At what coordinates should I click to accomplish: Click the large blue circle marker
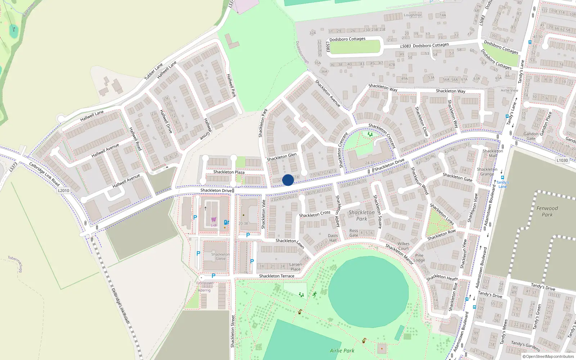tap(288, 180)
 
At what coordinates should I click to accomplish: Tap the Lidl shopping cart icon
tap(214, 219)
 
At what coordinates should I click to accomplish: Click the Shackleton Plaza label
tap(229, 172)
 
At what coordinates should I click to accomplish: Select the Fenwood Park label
tap(547, 211)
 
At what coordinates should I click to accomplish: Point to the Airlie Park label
tap(342, 351)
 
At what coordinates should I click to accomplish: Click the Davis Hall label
tap(333, 238)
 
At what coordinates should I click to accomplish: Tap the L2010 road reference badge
tap(63, 190)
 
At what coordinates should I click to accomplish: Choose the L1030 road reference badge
tap(562, 161)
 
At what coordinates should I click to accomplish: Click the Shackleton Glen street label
tap(282, 157)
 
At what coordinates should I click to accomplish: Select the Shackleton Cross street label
tap(315, 214)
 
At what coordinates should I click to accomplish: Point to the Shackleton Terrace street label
tap(276, 276)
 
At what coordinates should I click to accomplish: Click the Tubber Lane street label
tap(154, 72)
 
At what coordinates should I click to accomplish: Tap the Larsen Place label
tap(296, 267)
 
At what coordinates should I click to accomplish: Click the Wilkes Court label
tap(403, 246)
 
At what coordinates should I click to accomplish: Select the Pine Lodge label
tap(419, 258)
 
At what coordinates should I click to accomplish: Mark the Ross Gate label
tap(354, 233)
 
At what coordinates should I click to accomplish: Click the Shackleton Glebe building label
tap(220, 256)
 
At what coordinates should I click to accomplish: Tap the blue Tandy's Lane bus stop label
tap(503, 184)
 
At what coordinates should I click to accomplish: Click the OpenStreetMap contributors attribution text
tap(548, 357)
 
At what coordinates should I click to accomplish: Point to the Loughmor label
tap(413, 15)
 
